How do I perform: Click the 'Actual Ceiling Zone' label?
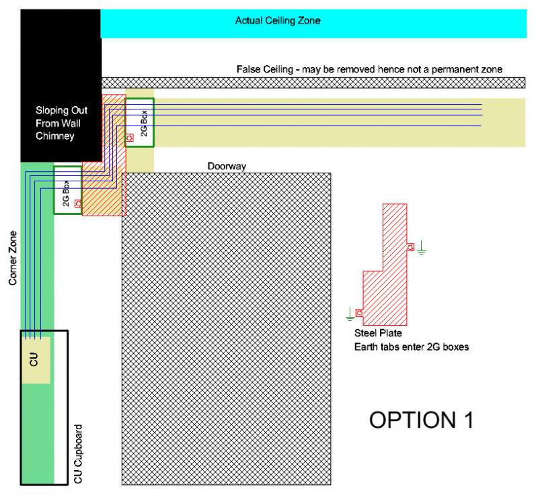coord(278,21)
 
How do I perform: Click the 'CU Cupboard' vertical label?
coord(78,454)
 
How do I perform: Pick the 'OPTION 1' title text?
coord(422,420)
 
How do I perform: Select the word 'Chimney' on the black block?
coord(55,136)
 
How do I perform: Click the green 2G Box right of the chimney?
coord(140,122)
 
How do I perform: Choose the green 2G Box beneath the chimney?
coord(67,190)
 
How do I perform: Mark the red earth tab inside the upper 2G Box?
coord(130,138)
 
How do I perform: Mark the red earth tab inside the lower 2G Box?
coord(78,203)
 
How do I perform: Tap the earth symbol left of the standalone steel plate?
coord(350,312)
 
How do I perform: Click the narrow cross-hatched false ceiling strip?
coord(313,83)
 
